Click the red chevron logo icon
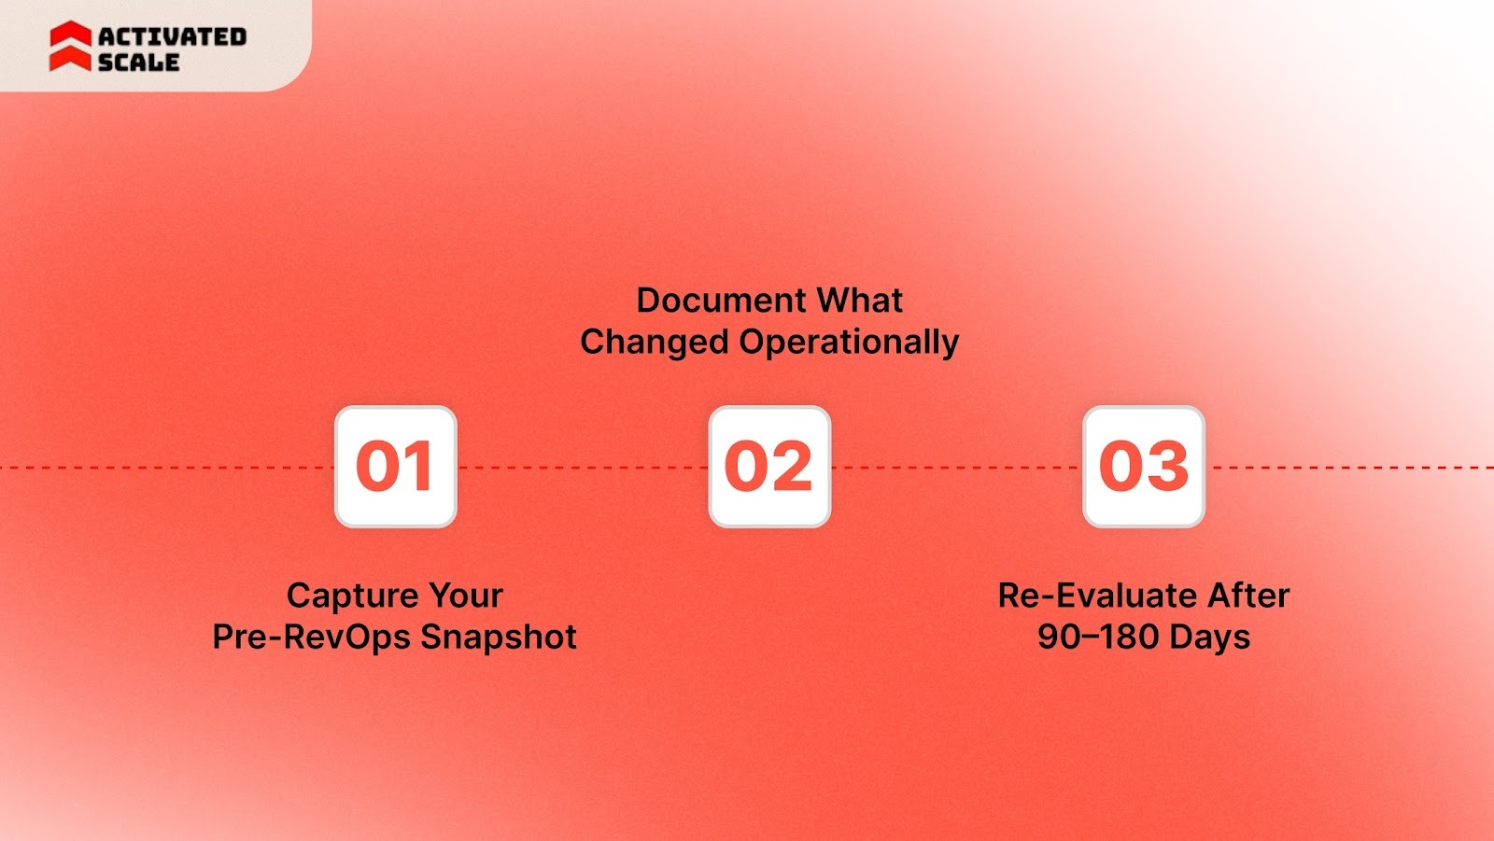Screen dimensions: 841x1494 [x=70, y=47]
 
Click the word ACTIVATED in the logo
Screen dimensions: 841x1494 [x=172, y=36]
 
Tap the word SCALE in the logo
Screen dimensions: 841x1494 [x=138, y=63]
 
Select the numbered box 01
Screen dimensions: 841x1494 [x=396, y=467]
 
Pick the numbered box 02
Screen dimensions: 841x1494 [x=769, y=467]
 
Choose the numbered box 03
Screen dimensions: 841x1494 [x=1144, y=467]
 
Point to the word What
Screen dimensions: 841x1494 [x=860, y=301]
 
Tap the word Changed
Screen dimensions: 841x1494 [x=654, y=342]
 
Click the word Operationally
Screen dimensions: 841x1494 [x=849, y=343]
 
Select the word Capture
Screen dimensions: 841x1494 [x=352, y=596]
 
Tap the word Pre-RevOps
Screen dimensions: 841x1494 [x=311, y=637]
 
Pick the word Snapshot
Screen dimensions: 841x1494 [x=499, y=637]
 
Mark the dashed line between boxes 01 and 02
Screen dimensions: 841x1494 [x=583, y=468]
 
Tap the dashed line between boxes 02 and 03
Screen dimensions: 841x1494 [x=956, y=468]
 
